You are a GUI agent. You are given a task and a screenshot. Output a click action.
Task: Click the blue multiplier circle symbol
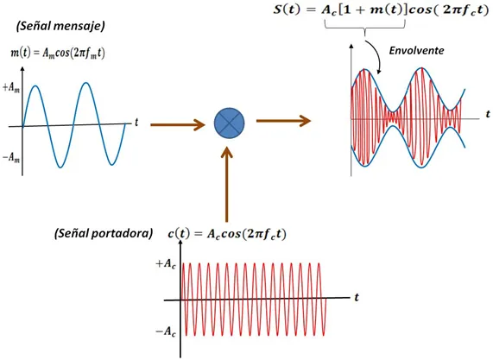pos(229,123)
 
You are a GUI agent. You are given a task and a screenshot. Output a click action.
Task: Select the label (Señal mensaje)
pos(60,26)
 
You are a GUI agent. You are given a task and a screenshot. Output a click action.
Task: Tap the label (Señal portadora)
pos(104,234)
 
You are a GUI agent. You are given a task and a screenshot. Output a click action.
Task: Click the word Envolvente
pos(417,51)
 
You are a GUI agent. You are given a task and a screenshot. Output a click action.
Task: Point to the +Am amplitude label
pos(11,88)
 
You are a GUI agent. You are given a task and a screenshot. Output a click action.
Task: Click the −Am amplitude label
pos(11,157)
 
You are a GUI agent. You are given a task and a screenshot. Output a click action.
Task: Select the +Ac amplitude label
pos(166,264)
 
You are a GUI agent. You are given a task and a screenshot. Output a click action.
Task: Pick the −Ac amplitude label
pos(166,332)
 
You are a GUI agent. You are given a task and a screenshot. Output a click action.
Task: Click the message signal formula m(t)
pos(58,53)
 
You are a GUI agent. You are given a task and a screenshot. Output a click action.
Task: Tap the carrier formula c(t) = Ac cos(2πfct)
pos(227,234)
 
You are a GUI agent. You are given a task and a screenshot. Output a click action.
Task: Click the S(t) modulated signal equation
pos(381,10)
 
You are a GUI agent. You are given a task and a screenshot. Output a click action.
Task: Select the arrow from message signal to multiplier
pos(178,125)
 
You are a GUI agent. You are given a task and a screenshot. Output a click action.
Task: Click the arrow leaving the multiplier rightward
pos(283,121)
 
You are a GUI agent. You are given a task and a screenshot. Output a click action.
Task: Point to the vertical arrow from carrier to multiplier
pos(227,185)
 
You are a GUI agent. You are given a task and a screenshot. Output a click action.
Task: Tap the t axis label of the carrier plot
pos(357,297)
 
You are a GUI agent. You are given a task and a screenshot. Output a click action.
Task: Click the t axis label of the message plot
pos(136,122)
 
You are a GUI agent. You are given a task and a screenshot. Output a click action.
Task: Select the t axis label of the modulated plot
pos(488,114)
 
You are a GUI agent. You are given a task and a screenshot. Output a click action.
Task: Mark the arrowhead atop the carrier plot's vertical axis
pos(180,243)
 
